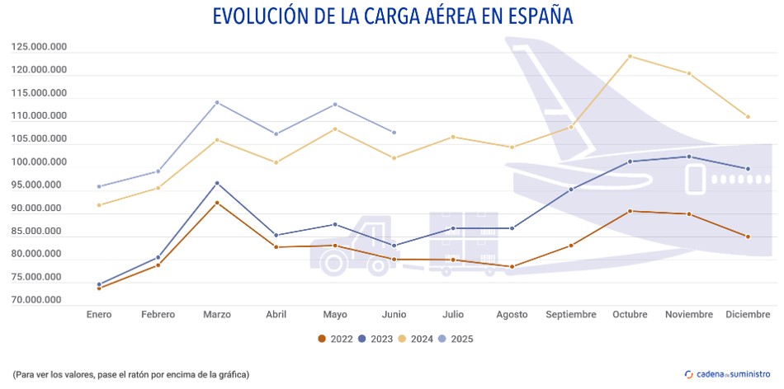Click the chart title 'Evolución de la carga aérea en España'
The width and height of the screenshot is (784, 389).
[392, 16]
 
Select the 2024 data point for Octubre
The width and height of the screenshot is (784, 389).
[630, 56]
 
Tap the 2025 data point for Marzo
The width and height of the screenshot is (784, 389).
[217, 102]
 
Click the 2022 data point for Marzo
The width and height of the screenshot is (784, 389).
[217, 203]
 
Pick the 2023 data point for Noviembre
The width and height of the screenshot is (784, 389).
[689, 157]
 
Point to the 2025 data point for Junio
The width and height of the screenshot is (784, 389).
[394, 133]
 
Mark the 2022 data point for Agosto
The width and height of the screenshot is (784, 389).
[512, 267]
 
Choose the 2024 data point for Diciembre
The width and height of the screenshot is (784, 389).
[748, 117]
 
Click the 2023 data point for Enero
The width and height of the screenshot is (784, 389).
[99, 284]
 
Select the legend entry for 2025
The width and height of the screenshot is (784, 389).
[455, 339]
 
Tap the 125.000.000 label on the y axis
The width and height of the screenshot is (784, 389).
[40, 47]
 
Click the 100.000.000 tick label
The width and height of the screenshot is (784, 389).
[40, 162]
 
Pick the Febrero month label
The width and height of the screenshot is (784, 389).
[158, 315]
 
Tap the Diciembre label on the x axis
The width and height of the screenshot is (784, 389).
[748, 315]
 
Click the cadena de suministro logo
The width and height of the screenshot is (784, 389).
[728, 374]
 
